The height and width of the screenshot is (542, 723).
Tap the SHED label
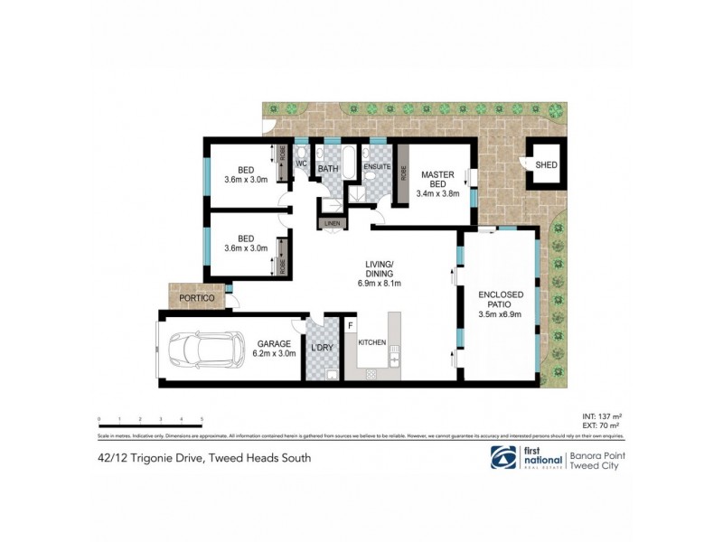click(x=546, y=164)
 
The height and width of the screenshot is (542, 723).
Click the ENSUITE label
click(x=376, y=167)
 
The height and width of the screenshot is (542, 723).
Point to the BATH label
click(x=327, y=168)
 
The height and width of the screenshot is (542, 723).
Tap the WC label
click(x=302, y=164)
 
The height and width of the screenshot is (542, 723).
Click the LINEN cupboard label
click(x=331, y=223)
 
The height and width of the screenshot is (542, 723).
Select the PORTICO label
click(x=195, y=297)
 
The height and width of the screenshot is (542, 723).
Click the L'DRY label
click(x=322, y=348)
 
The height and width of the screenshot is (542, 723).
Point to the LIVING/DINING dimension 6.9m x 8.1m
click(x=379, y=283)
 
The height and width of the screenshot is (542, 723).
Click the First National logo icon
click(x=503, y=457)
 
